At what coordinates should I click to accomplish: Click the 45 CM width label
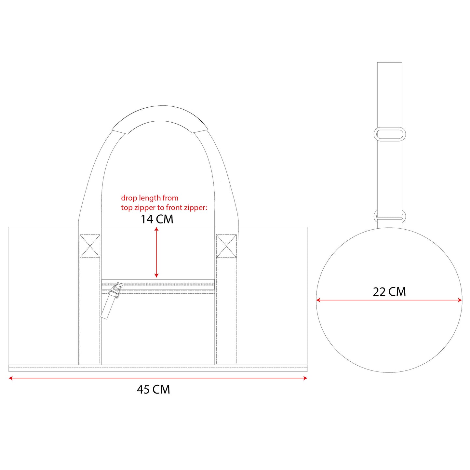(153, 390)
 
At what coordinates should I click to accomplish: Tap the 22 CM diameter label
(389, 292)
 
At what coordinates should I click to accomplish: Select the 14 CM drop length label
(157, 219)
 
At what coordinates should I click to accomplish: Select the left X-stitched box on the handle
(90, 246)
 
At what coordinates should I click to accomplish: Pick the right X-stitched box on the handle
(227, 246)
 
